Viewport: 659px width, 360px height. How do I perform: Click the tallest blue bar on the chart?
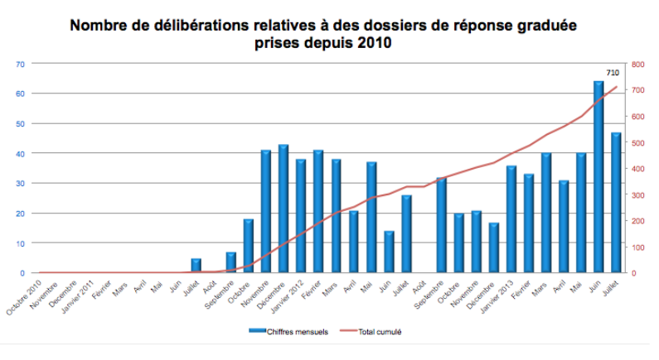[598, 176]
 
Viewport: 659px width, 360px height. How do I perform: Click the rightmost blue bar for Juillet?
[616, 202]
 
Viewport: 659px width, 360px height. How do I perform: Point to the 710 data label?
[613, 73]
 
